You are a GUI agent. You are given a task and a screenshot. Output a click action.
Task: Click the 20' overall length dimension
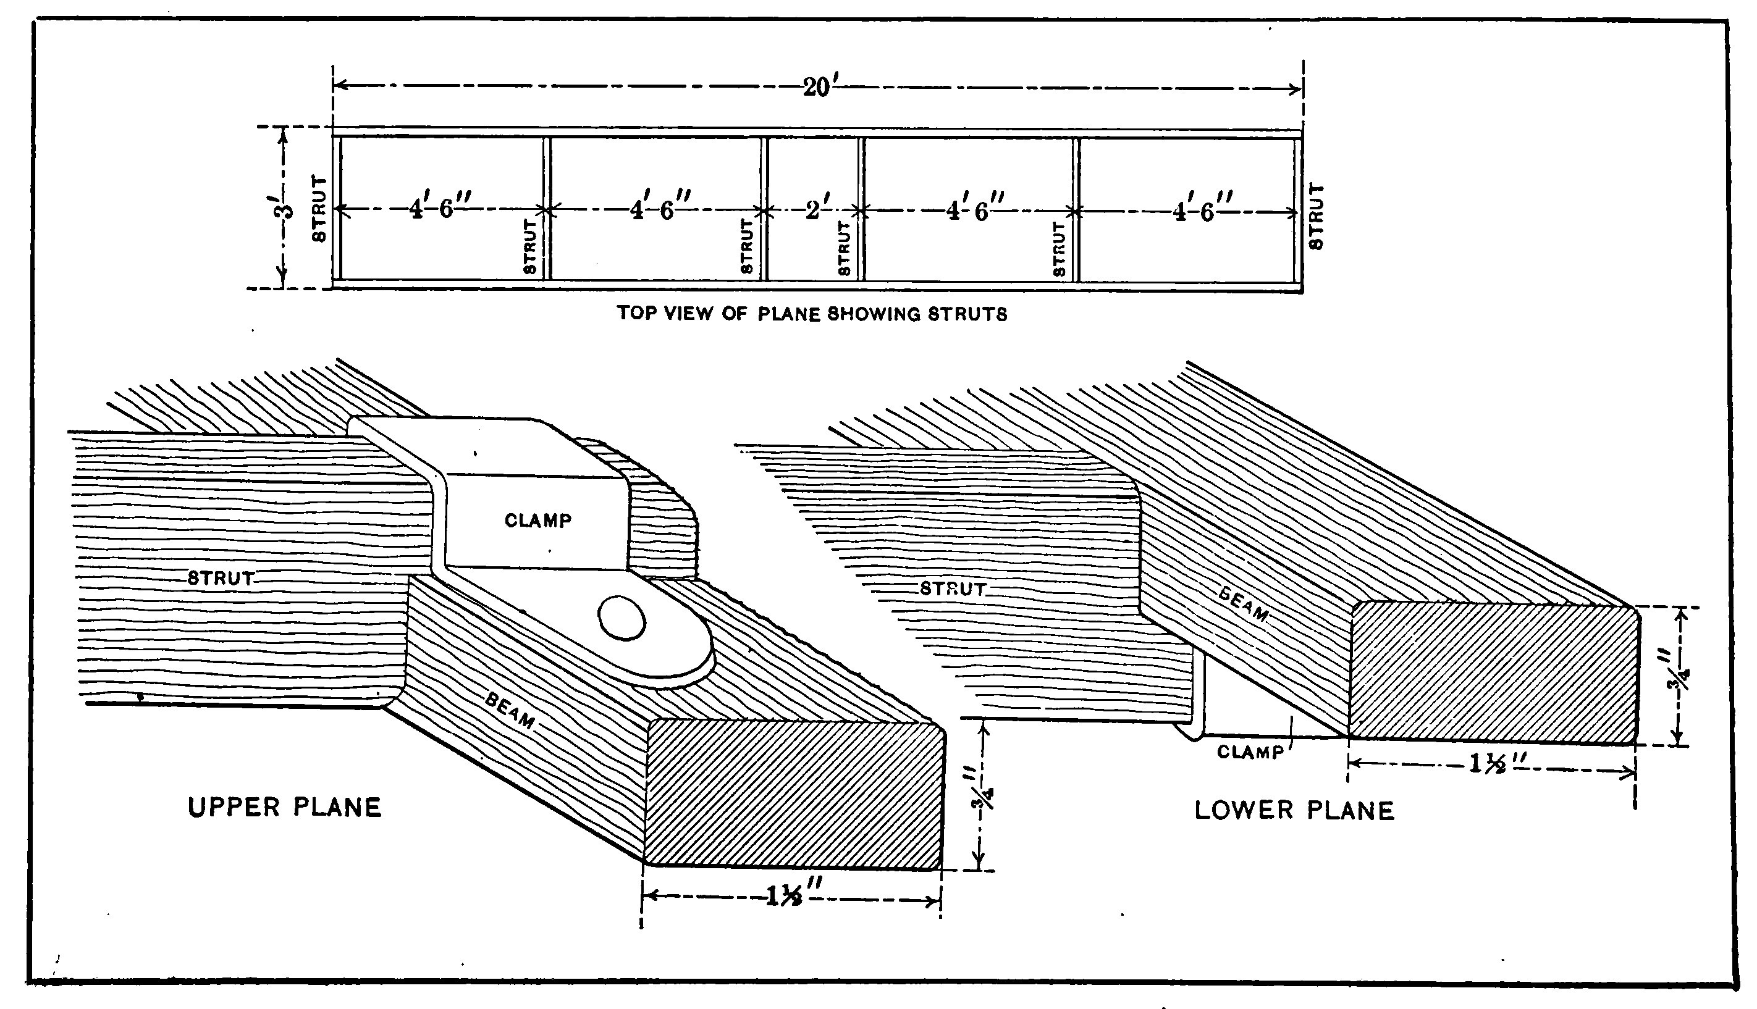(x=818, y=88)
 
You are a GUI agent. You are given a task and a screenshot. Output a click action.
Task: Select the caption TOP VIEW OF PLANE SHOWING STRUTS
(x=812, y=314)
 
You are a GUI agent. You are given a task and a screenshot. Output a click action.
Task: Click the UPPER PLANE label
(x=285, y=807)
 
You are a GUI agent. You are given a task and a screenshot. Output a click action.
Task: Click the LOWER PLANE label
(x=1294, y=811)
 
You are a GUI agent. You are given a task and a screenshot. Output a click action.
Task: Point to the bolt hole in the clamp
(x=621, y=618)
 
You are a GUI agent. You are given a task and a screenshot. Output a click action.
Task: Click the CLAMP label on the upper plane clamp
(x=538, y=521)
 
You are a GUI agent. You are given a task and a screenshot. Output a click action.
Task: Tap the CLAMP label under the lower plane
(x=1250, y=752)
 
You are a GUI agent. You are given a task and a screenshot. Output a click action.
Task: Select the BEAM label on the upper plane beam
(x=510, y=711)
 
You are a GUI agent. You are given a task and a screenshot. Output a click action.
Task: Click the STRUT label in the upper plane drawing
(x=221, y=578)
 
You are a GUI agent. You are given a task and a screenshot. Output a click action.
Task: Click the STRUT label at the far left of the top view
(x=319, y=209)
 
